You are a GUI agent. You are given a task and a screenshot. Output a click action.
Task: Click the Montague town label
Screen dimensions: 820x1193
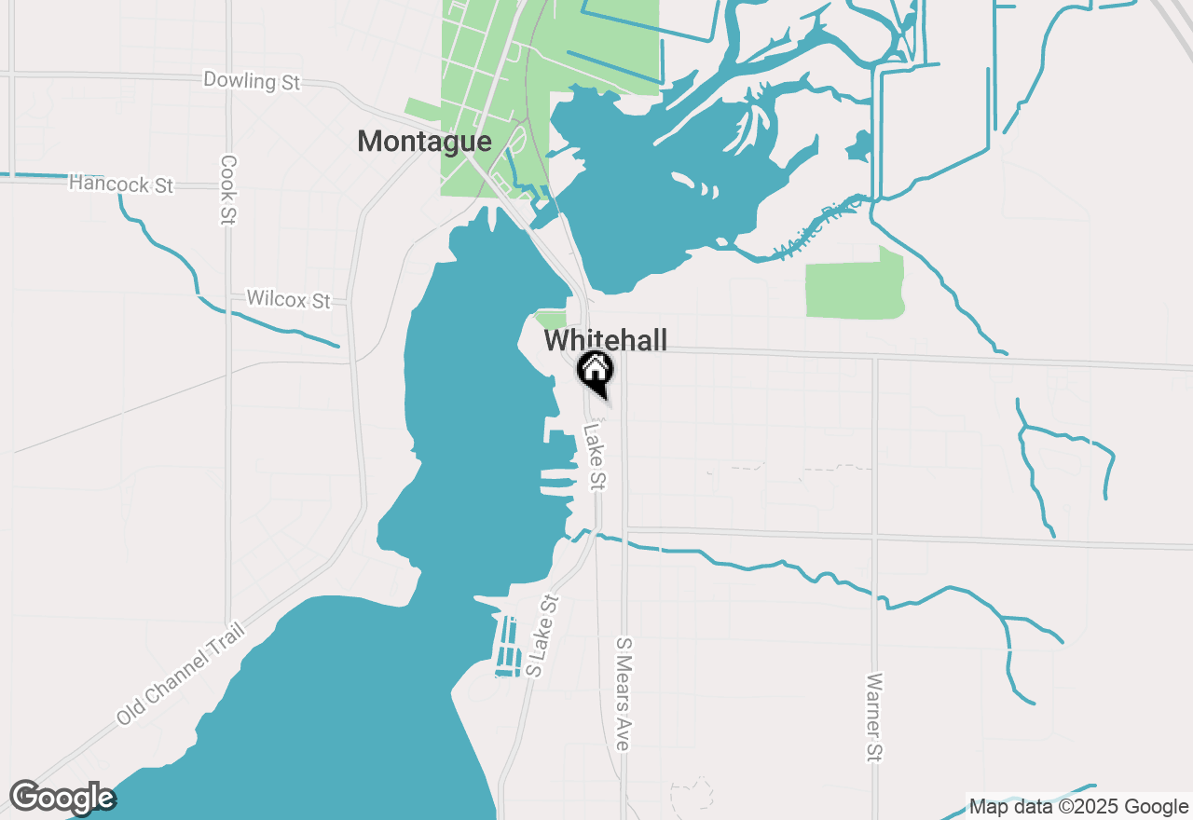tap(424, 142)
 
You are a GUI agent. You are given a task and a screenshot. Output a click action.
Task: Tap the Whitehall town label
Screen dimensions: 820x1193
tap(606, 340)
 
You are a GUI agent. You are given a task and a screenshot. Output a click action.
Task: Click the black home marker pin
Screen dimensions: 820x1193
tap(595, 371)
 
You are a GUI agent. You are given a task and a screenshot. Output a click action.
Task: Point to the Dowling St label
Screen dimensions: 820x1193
tap(252, 81)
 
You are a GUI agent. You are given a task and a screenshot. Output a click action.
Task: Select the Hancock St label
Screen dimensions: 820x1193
tap(121, 184)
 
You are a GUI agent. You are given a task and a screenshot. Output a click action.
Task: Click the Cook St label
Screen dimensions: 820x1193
tap(228, 189)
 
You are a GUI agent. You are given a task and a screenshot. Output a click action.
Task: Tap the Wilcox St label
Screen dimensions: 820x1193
tap(289, 300)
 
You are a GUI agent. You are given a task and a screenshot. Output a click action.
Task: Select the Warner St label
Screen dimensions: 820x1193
tap(873, 717)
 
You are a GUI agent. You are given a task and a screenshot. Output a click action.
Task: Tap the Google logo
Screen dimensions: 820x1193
tap(62, 798)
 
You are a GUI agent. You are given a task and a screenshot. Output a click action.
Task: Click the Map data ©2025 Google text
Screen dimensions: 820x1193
tap(1078, 807)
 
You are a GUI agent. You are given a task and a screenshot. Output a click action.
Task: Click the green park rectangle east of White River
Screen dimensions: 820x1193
tap(855, 287)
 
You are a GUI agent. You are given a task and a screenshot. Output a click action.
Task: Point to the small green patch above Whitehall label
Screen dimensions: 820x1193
tap(552, 320)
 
